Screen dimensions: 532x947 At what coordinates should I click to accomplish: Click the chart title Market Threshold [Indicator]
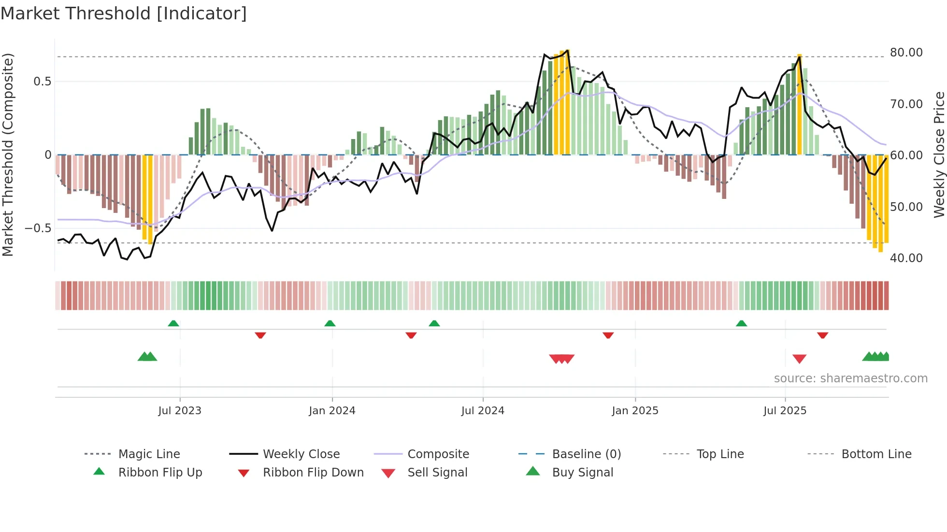click(124, 14)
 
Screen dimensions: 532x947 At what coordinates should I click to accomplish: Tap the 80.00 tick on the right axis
click(906, 52)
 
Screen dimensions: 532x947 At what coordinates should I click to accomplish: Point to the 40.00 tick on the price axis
click(906, 258)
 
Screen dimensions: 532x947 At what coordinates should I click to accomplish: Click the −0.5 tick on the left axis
click(38, 228)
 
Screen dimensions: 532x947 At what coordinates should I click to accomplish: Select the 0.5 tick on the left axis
click(42, 81)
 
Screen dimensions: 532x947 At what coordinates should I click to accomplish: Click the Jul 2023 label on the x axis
click(180, 410)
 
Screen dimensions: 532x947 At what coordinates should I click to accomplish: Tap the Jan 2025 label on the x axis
click(635, 410)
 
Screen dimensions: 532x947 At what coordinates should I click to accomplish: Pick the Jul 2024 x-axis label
click(483, 410)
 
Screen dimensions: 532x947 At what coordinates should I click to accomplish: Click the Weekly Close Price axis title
click(939, 154)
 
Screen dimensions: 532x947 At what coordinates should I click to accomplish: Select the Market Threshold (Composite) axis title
click(8, 154)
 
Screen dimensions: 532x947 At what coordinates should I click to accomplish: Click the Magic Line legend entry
click(149, 454)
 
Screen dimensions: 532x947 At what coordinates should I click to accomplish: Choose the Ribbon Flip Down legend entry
click(313, 472)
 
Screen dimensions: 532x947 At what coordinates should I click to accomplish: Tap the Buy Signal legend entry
click(582, 472)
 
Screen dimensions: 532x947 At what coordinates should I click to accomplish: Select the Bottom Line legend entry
click(876, 454)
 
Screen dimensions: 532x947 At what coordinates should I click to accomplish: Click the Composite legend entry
click(438, 454)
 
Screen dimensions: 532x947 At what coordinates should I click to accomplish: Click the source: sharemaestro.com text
click(850, 378)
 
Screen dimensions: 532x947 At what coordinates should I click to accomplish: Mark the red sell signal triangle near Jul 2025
click(799, 359)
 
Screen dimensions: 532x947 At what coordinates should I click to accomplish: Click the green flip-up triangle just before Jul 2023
click(173, 323)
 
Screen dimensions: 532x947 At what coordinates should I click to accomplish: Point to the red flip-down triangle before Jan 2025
click(608, 335)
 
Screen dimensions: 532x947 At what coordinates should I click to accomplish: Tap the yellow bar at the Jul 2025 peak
click(799, 104)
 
